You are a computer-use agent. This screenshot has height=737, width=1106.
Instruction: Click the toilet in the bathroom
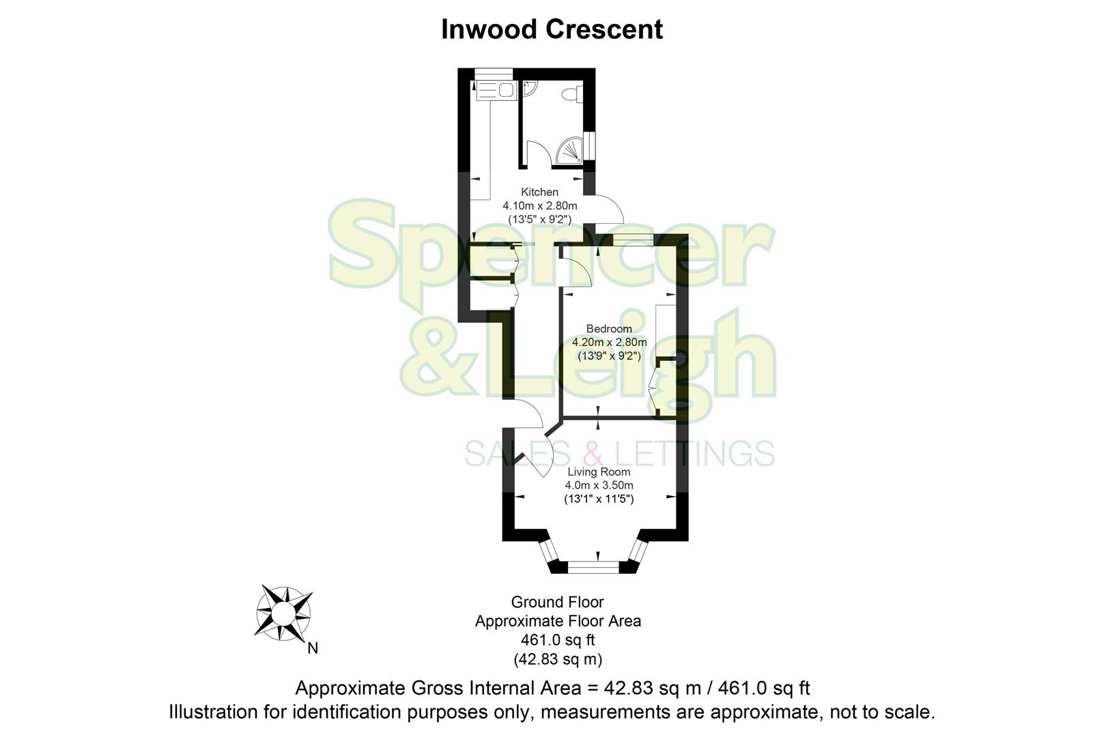click(x=571, y=94)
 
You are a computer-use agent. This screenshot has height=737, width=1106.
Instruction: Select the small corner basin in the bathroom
click(x=530, y=88)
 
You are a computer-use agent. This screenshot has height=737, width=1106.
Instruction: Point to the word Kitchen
click(x=539, y=192)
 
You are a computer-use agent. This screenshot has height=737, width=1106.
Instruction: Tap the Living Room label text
click(x=599, y=472)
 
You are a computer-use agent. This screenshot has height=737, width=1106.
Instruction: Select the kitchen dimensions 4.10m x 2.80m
click(x=539, y=205)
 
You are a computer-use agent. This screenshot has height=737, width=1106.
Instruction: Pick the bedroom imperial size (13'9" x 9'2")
click(x=609, y=356)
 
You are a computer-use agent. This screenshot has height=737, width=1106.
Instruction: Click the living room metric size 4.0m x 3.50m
click(x=599, y=485)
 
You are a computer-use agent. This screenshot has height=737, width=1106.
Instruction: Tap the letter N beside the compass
click(x=313, y=648)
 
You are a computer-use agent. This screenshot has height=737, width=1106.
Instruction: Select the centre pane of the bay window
click(x=593, y=565)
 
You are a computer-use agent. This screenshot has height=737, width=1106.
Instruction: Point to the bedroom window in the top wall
click(x=634, y=239)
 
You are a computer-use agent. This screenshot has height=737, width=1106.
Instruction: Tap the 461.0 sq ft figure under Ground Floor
click(x=557, y=640)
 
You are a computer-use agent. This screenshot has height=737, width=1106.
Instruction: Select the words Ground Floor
click(x=557, y=603)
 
